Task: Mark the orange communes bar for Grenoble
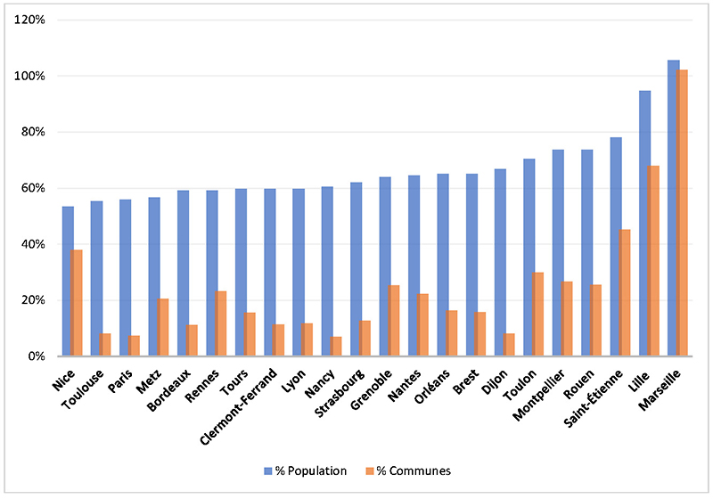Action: pos(394,321)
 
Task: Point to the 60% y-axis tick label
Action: pos(43,188)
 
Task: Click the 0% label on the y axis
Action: pos(46,356)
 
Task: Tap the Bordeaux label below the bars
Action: pos(168,384)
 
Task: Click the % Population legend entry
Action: pos(306,470)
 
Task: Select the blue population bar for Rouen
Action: pos(586,253)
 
